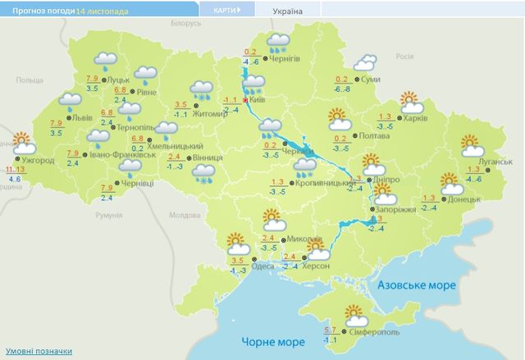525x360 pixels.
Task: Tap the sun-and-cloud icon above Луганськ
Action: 473,145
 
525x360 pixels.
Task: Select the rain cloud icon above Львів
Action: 71,103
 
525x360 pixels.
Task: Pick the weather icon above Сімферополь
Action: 354,313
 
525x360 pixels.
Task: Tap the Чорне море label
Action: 267,339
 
